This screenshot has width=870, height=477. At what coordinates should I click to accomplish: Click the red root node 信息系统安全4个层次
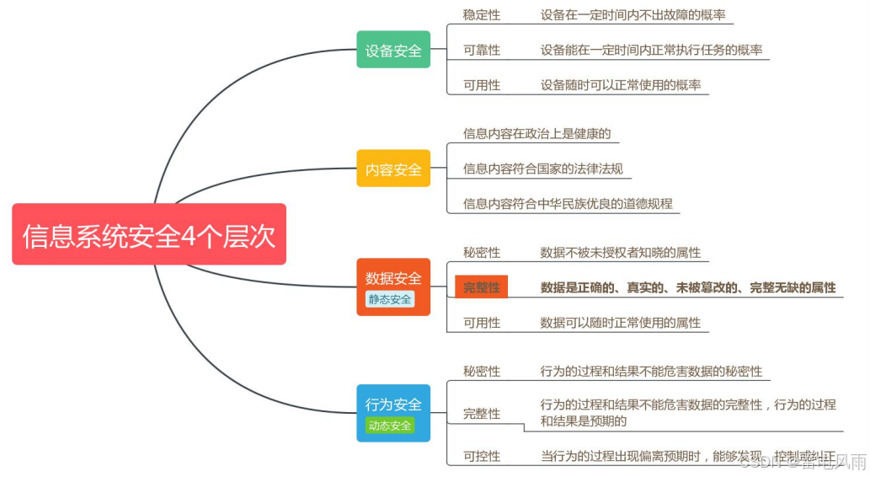pyautogui.click(x=149, y=234)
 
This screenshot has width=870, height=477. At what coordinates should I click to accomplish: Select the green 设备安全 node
pyautogui.click(x=393, y=50)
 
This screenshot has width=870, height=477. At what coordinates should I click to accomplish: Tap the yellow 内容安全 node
pyautogui.click(x=393, y=169)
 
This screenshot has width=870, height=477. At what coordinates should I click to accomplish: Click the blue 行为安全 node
pyautogui.click(x=393, y=405)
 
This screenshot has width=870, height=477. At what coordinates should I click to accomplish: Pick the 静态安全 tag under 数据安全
pyautogui.click(x=390, y=299)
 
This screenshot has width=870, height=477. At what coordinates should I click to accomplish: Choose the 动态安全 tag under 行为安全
pyautogui.click(x=390, y=426)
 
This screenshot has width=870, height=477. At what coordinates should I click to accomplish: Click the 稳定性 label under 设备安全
pyautogui.click(x=482, y=15)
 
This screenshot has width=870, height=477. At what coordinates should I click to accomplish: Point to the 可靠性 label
pyautogui.click(x=482, y=50)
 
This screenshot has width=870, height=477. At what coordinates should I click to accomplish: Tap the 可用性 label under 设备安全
pyautogui.click(x=482, y=85)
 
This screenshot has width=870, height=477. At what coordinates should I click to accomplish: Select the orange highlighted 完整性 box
pyautogui.click(x=482, y=287)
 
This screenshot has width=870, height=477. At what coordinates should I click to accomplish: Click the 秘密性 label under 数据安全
pyautogui.click(x=482, y=253)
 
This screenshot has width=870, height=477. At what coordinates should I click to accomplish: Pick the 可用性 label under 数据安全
pyautogui.click(x=482, y=323)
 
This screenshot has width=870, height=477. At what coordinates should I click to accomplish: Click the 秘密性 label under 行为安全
pyautogui.click(x=482, y=372)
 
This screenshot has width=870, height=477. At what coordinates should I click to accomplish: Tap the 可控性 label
pyautogui.click(x=482, y=456)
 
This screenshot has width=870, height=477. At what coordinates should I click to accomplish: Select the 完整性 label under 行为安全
pyautogui.click(x=482, y=414)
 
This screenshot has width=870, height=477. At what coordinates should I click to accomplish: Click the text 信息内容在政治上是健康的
pyautogui.click(x=536, y=134)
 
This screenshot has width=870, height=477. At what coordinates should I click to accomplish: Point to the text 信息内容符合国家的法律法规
pyautogui.click(x=543, y=169)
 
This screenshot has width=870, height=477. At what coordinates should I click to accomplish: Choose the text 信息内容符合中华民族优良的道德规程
pyautogui.click(x=568, y=203)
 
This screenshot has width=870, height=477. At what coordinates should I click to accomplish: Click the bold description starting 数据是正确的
pyautogui.click(x=688, y=287)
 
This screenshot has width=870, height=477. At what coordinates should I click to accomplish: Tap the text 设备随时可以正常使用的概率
pyautogui.click(x=621, y=85)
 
